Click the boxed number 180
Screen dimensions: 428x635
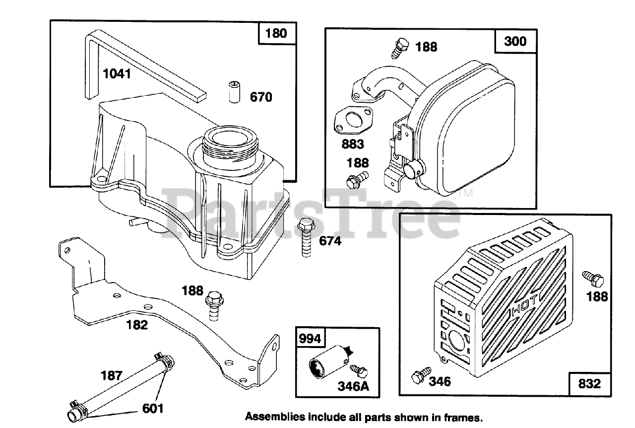point(276,34)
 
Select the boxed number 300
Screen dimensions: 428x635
point(515,41)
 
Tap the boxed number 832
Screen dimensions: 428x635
point(589,383)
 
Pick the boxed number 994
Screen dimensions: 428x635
point(310,340)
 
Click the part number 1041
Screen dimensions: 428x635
point(117,74)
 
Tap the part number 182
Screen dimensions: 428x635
point(137,325)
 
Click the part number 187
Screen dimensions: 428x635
point(112,375)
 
